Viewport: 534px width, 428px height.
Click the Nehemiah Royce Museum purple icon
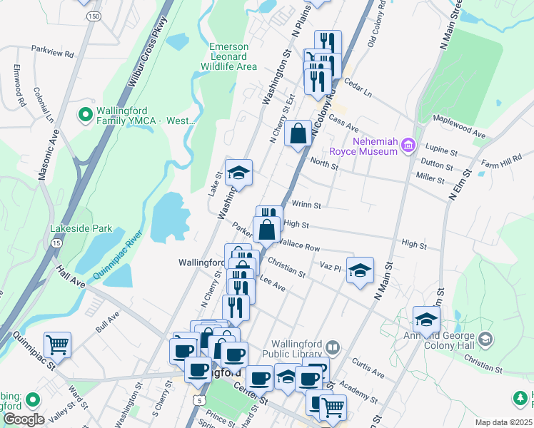coord(408,146)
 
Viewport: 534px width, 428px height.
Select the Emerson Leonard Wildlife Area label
coord(232,56)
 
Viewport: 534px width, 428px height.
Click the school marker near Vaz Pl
coord(361,270)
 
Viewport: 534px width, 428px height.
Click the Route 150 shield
coord(92,15)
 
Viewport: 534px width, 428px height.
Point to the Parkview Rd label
coord(53,53)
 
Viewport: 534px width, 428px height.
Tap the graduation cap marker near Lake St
coord(239,172)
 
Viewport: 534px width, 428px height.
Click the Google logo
coord(24,419)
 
